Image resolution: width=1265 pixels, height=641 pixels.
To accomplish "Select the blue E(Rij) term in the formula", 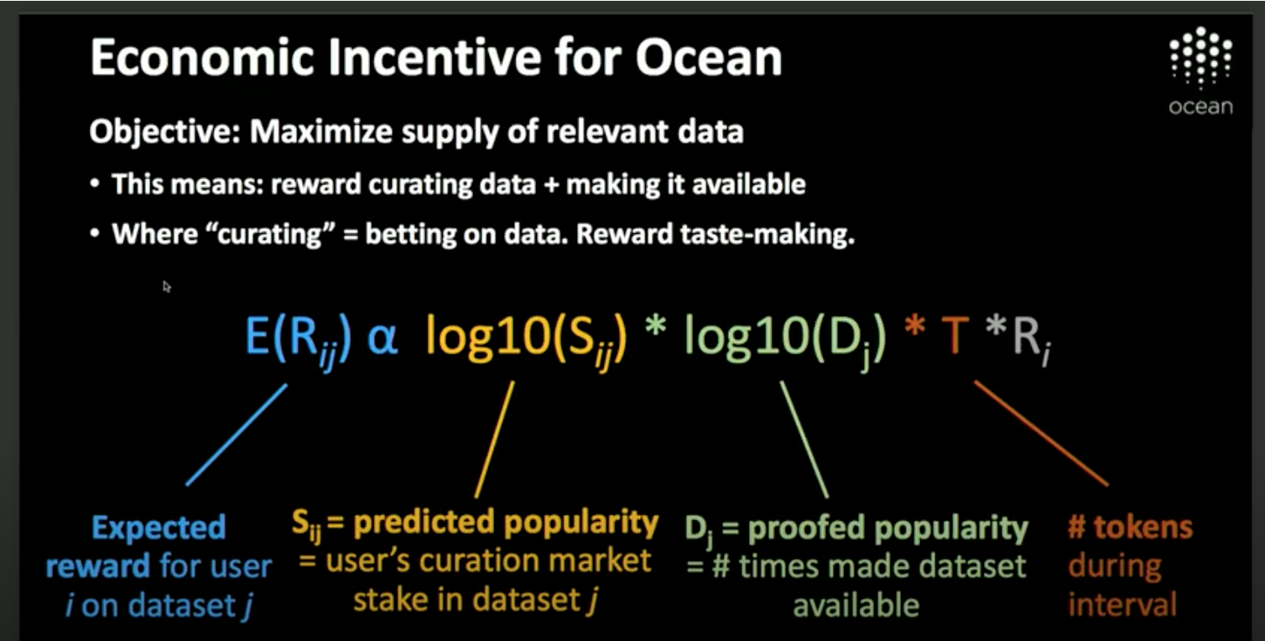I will [x=299, y=336].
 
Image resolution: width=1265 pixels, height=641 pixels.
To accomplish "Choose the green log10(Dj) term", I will [x=785, y=336].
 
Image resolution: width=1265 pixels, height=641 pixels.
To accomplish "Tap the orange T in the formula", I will [x=955, y=336].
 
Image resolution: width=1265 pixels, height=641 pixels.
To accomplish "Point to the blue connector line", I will [x=237, y=435].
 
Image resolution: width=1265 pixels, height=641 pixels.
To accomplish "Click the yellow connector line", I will [x=495, y=439].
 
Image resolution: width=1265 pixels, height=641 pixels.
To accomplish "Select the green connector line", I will [x=804, y=439].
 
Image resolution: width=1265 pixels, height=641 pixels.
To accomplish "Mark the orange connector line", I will [x=1040, y=434].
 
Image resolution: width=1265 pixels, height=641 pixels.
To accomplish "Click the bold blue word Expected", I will [x=159, y=528].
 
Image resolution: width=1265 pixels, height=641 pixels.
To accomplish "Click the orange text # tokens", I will [x=1129, y=528].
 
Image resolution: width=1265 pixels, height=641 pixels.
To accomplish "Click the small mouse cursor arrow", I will [x=166, y=286].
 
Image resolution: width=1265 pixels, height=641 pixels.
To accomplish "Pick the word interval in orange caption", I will [x=1122, y=605].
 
